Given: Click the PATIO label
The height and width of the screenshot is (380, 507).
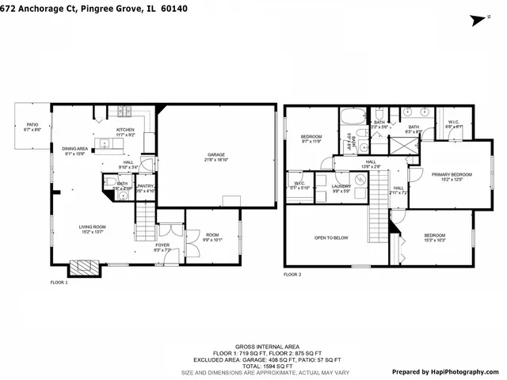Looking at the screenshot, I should click(32, 125).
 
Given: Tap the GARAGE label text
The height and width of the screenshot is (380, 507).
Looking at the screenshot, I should click(216, 156).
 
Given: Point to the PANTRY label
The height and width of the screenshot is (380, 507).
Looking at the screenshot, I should click(145, 188).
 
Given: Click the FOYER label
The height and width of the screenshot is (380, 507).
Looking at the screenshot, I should click(162, 247).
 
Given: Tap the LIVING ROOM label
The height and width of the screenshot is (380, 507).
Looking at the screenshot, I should click(92, 229).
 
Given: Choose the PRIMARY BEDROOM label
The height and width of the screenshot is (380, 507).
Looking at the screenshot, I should click(451, 177).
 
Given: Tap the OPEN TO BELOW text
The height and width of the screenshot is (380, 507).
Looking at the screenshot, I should click(331, 237).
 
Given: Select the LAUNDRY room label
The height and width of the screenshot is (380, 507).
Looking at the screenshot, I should click(341, 188).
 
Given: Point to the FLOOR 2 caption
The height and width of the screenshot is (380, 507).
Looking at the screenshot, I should click(293, 275).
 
